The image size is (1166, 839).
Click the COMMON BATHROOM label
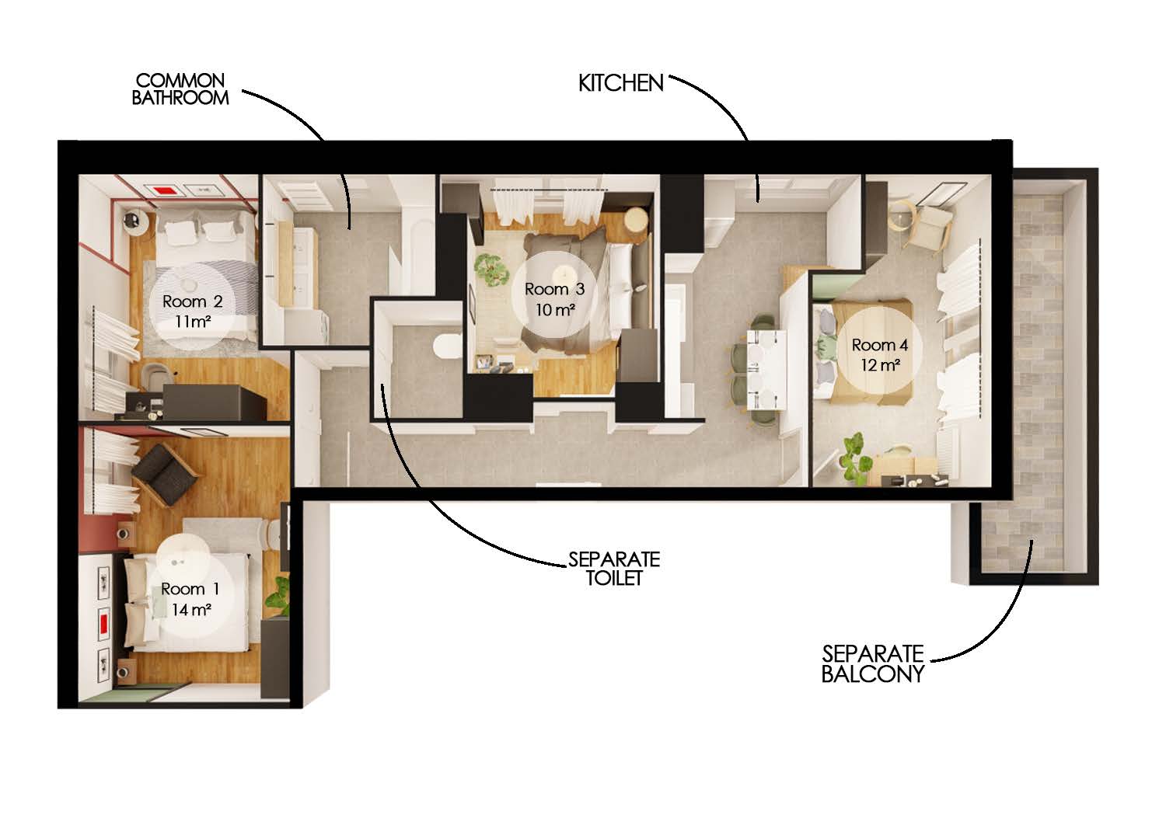coord(180,89)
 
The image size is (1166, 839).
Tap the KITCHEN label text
coord(620,83)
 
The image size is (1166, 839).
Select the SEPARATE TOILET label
coord(614,568)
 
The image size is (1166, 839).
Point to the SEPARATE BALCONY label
coord(872,663)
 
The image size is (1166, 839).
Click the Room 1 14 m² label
coord(187,599)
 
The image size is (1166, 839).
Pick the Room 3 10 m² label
coord(554,299)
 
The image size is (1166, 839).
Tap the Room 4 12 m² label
coord(879,355)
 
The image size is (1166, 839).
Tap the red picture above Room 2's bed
coord(163,190)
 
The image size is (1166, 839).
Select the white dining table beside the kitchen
coord(766,369)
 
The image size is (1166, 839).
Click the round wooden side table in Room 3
coord(636,219)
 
